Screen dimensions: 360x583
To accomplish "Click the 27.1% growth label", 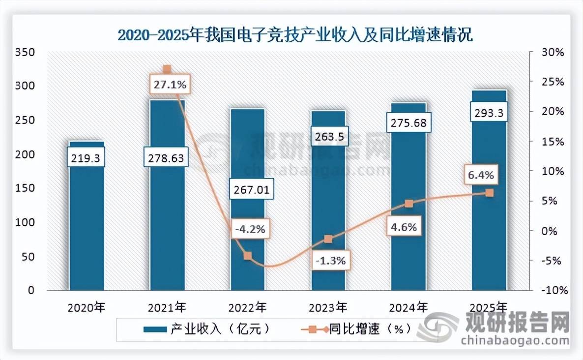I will click(169, 85).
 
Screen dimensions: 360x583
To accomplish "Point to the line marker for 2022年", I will click(247, 256).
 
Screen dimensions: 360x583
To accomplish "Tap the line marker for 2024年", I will click(408, 204).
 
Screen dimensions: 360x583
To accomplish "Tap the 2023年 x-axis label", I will click(328, 308).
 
